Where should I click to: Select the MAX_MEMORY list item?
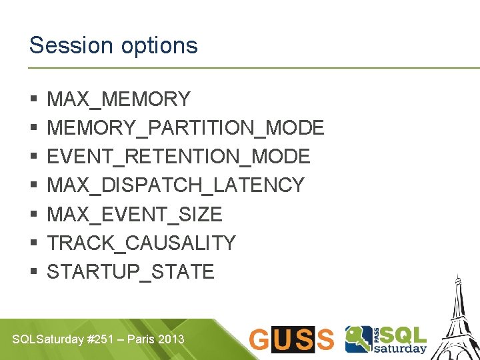[119, 99]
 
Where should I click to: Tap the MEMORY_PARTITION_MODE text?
[185, 128]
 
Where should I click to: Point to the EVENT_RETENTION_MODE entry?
[179, 157]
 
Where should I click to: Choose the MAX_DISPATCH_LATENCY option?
[176, 185]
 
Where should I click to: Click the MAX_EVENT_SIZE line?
[135, 214]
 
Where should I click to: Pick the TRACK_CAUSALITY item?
[141, 243]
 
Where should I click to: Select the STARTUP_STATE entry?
[131, 271]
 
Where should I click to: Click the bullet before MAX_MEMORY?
[33, 100]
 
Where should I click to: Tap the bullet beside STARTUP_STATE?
[33, 272]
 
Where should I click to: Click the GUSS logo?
[291, 339]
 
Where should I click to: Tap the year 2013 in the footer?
[172, 339]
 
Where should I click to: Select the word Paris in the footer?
[141, 339]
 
